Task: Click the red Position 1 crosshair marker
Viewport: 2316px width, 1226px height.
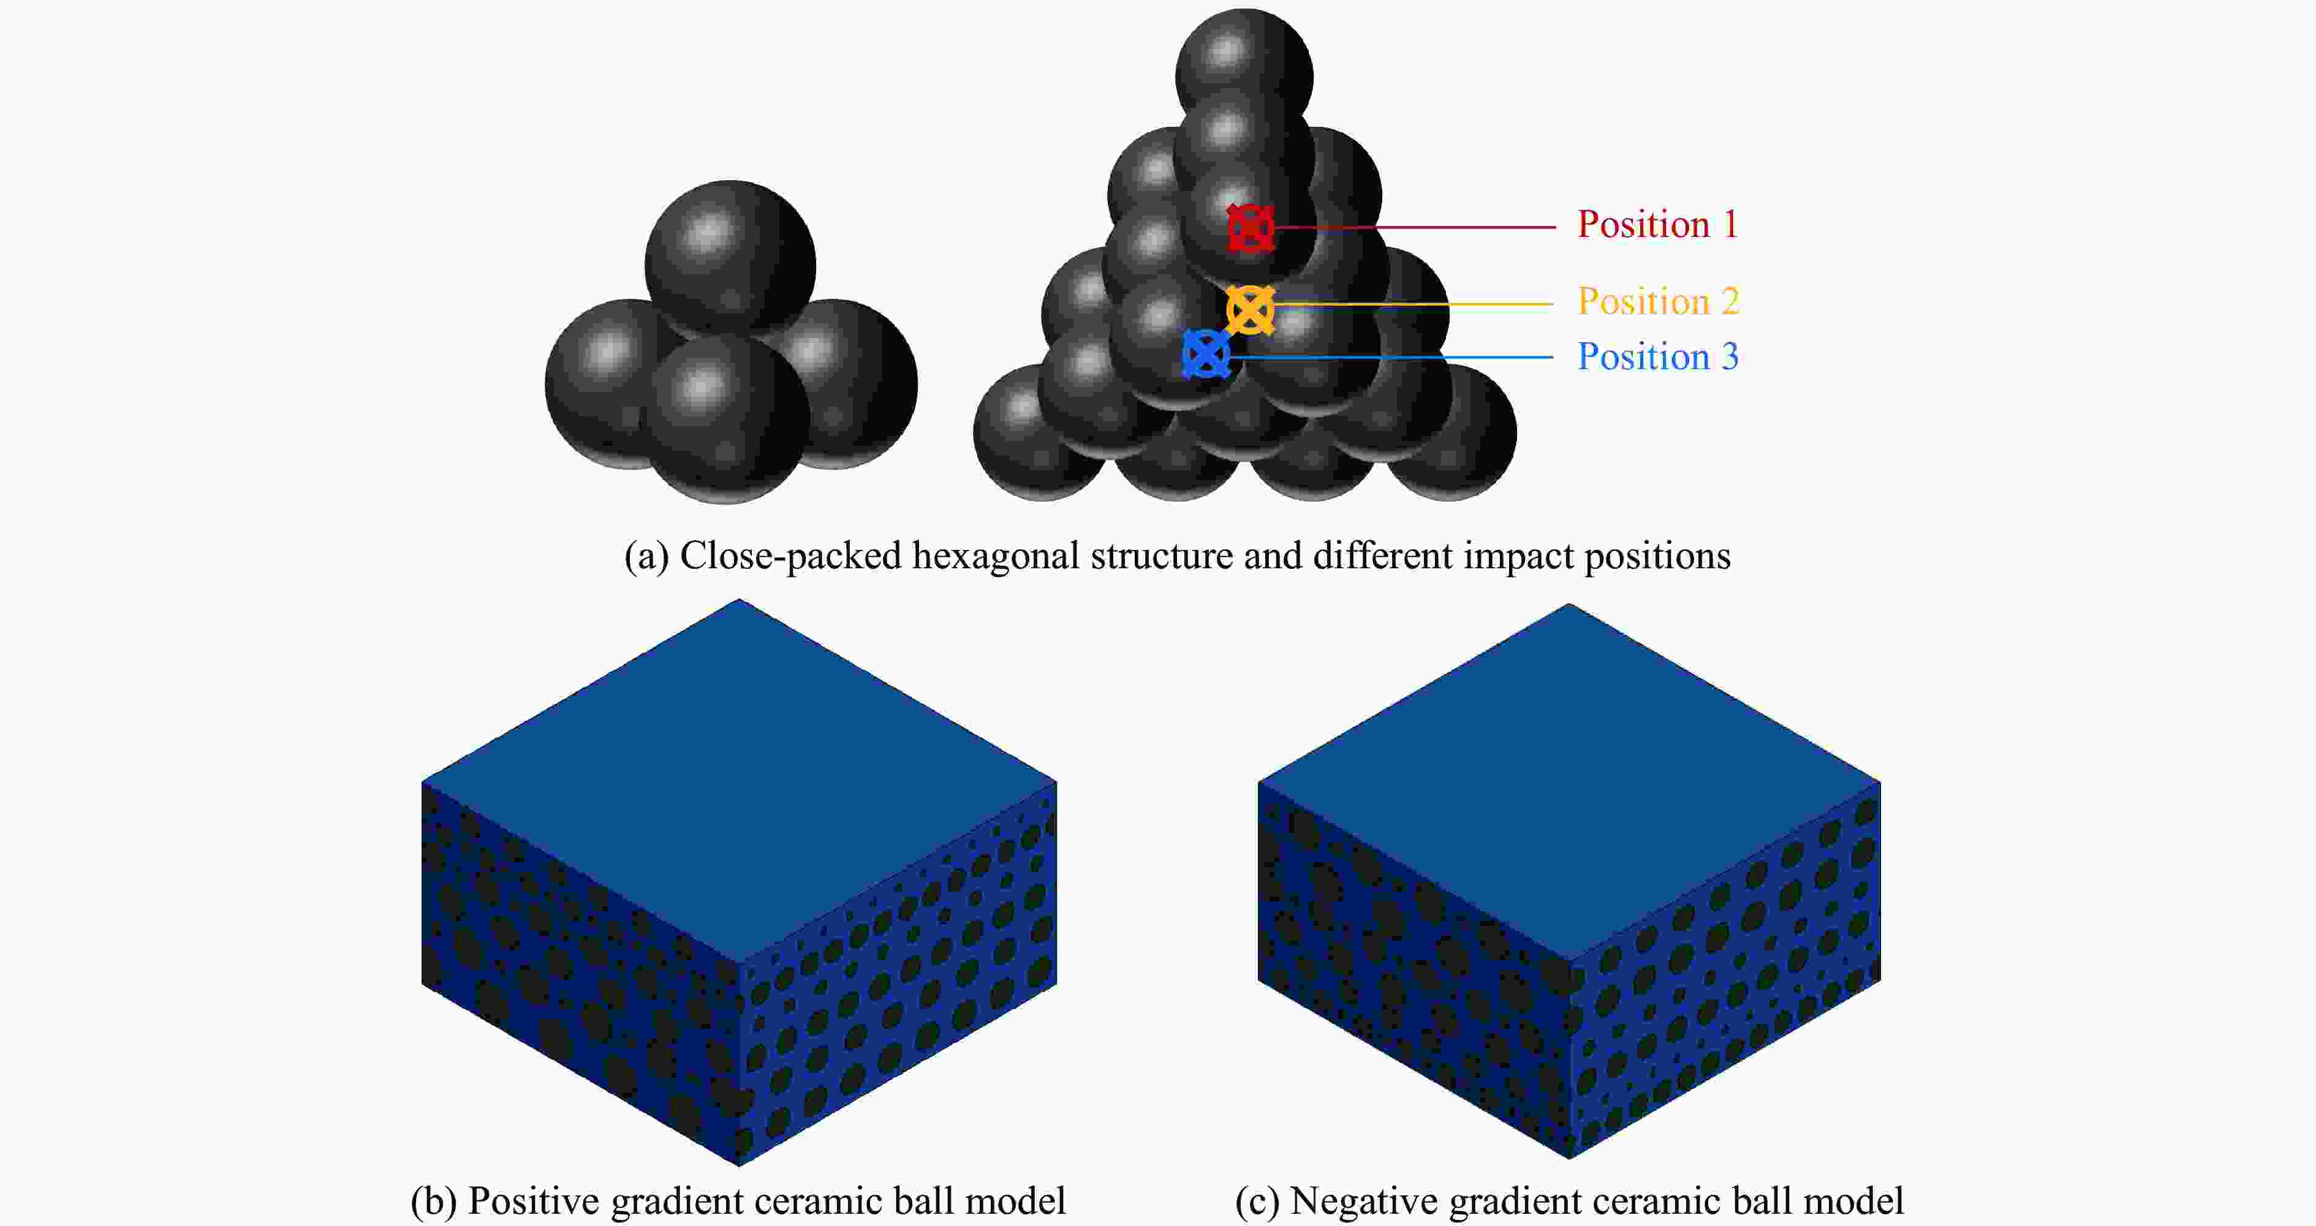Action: [1251, 227]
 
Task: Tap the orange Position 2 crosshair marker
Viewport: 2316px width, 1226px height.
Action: [1251, 310]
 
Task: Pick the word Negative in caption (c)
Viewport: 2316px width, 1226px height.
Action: [1364, 1201]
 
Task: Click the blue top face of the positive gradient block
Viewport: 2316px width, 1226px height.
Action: [739, 780]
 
